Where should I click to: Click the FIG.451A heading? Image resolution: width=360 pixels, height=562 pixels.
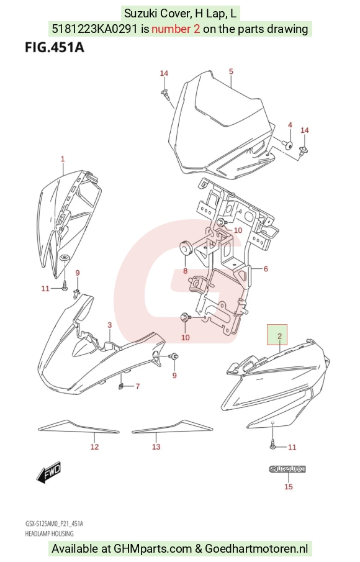pos(55,47)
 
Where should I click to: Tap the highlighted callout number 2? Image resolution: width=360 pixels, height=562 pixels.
pos(279,336)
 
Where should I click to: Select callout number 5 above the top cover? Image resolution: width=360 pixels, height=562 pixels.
pos(231,71)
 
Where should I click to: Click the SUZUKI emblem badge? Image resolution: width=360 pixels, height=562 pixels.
pos(287,469)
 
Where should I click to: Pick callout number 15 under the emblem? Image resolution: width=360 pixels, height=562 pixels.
pos(289,486)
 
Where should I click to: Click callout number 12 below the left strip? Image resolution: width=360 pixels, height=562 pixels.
pos(94,446)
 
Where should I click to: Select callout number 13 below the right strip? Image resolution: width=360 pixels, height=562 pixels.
pos(156,446)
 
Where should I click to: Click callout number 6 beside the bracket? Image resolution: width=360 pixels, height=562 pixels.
pos(266,269)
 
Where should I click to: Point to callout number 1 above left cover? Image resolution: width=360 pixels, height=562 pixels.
pos(63,159)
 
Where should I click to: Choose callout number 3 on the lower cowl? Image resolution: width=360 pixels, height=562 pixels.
pos(110,325)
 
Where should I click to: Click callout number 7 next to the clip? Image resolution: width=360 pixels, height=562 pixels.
pos(138,386)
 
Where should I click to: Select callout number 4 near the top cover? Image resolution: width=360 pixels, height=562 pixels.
pos(290,125)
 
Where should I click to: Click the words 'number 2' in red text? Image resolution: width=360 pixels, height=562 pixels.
pos(176,29)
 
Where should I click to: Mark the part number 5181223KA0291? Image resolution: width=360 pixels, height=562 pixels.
pos(94,29)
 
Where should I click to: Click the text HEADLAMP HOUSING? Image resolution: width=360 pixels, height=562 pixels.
pos(49,533)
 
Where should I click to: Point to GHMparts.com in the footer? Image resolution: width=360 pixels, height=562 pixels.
pos(153,548)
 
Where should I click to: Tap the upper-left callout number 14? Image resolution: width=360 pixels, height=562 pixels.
pos(164,73)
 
